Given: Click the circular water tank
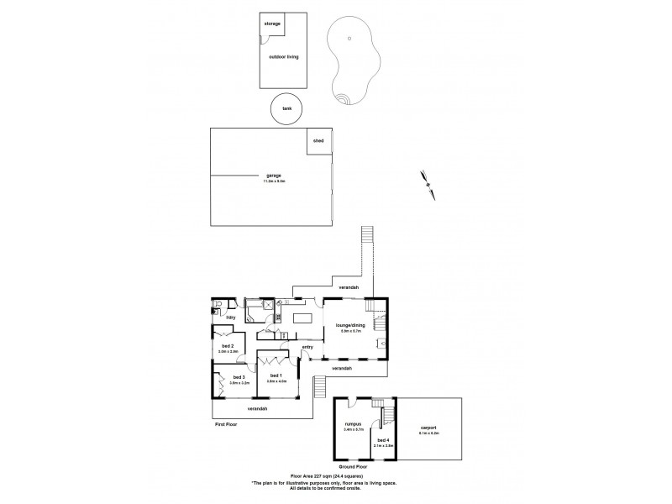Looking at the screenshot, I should [287, 109].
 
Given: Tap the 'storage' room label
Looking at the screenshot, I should [272, 24].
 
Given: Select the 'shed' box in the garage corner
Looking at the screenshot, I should [318, 140].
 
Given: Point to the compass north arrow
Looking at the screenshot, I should [429, 184].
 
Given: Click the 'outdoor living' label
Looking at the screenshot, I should [283, 56].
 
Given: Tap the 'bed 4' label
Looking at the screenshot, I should [383, 440].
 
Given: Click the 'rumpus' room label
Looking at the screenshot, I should [352, 425].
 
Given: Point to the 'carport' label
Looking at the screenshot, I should [428, 428].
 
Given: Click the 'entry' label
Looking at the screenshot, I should [307, 346].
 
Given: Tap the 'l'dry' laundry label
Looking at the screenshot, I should [229, 318].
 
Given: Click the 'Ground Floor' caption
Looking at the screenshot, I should [354, 465].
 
